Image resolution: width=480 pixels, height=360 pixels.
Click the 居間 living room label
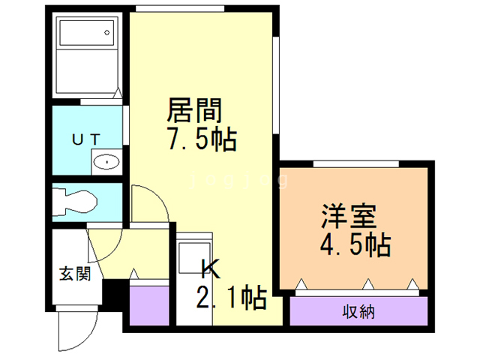point(193,112)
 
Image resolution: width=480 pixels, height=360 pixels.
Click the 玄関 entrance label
point(75,273)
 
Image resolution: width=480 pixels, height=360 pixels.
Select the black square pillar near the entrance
point(112,293)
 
